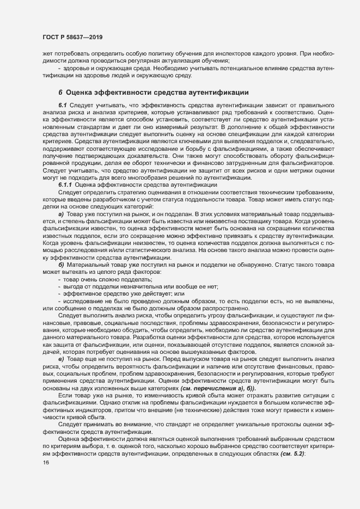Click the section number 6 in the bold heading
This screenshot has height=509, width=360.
tap(60, 92)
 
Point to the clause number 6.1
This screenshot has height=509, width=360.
tap(62, 104)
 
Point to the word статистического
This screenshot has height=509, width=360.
tap(156, 249)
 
